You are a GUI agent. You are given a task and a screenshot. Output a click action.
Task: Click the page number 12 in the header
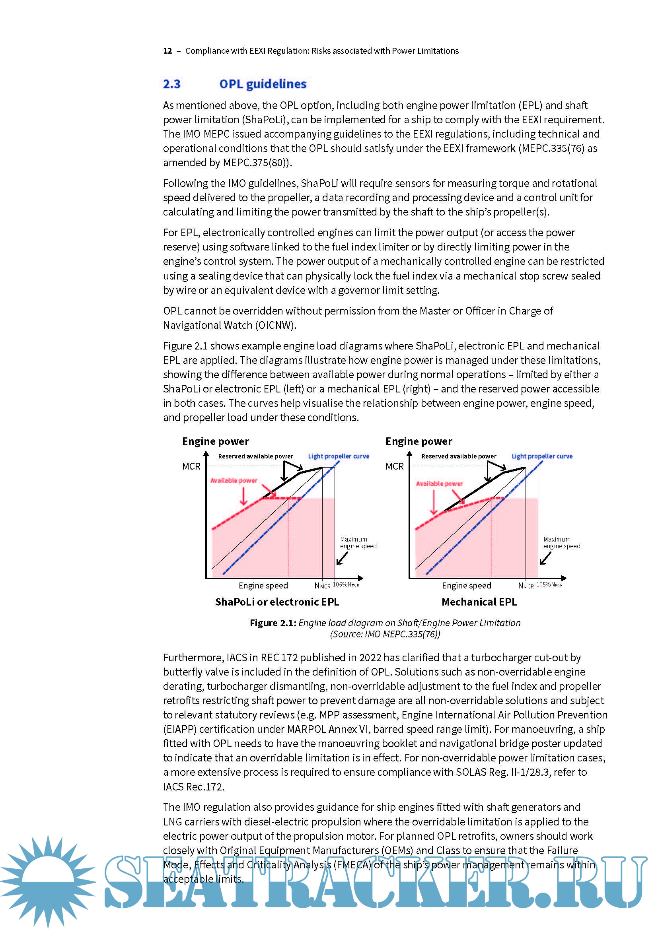(167, 51)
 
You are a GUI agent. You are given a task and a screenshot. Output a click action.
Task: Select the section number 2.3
(171, 84)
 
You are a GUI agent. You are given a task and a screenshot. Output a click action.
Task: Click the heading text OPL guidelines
(263, 84)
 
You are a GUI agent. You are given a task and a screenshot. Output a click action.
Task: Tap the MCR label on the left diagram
(191, 466)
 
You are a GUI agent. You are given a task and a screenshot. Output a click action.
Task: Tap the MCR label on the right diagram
(394, 466)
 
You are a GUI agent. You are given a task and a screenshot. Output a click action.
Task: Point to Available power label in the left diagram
(234, 480)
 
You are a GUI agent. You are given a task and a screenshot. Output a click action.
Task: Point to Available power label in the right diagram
(439, 483)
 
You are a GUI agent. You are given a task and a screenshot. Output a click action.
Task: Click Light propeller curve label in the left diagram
(338, 456)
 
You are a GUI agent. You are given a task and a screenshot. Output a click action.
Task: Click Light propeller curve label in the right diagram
(542, 456)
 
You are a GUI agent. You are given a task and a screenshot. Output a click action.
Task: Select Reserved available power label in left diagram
(255, 456)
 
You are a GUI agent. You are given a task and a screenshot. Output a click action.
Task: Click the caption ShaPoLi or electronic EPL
(277, 602)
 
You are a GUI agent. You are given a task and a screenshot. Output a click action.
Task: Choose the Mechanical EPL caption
(479, 602)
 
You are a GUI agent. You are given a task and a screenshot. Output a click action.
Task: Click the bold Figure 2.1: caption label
(273, 623)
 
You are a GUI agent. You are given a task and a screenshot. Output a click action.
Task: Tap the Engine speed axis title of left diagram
(263, 585)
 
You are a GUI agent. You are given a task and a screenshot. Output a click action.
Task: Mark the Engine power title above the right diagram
(419, 441)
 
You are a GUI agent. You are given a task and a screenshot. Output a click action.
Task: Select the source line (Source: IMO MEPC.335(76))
(385, 634)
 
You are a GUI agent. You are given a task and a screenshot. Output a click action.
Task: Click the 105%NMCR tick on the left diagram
(346, 584)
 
